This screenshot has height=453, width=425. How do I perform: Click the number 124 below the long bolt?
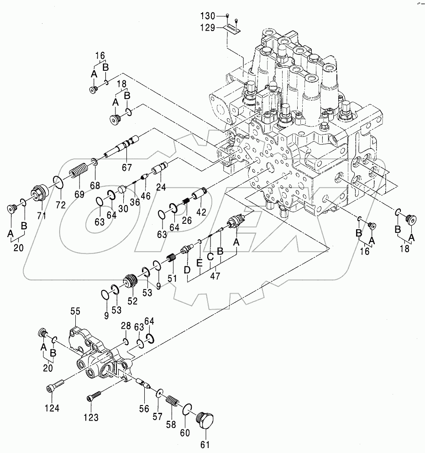(52, 408)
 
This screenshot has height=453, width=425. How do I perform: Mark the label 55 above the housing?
(75, 311)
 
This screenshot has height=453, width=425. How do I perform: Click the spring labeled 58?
(173, 404)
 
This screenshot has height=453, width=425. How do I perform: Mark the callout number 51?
(172, 278)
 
